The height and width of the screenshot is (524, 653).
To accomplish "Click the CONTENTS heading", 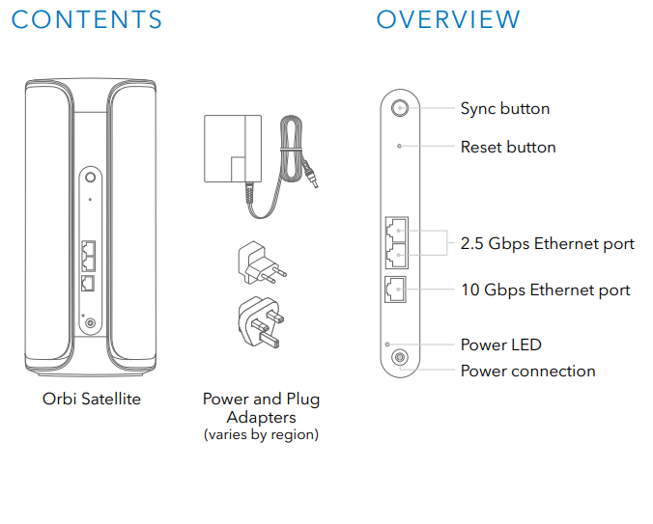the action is pyautogui.click(x=87, y=19).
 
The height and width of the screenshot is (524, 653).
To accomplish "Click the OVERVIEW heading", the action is pyautogui.click(x=448, y=19).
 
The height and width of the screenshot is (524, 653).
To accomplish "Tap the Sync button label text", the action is pyautogui.click(x=505, y=109).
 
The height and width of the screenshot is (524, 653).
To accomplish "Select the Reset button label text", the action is pyautogui.click(x=508, y=148).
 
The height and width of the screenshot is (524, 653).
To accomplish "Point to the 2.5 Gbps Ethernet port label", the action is pyautogui.click(x=547, y=244).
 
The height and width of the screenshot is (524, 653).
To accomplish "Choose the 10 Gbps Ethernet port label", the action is pyautogui.click(x=546, y=290).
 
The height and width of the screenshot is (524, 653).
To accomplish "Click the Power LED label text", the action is pyautogui.click(x=501, y=345).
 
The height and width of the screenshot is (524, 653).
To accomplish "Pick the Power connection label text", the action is pyautogui.click(x=527, y=371).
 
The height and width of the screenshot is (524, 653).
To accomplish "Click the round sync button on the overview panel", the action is pyautogui.click(x=400, y=108).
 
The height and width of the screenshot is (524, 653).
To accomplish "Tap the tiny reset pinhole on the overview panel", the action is pyautogui.click(x=399, y=146).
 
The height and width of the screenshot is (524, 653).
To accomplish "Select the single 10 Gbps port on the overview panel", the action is pyautogui.click(x=395, y=290).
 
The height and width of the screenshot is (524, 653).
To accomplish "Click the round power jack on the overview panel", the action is pyautogui.click(x=400, y=357).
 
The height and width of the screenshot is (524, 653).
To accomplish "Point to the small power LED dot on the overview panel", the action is pyautogui.click(x=387, y=345).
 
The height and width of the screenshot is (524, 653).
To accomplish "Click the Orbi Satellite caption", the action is pyautogui.click(x=92, y=399).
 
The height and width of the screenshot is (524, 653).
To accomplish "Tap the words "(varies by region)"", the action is pyautogui.click(x=261, y=434).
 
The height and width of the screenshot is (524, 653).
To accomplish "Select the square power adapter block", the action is pyautogui.click(x=233, y=149).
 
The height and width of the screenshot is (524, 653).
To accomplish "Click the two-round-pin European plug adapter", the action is pyautogui.click(x=261, y=262).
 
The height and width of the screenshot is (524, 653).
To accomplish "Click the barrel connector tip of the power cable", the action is pyautogui.click(x=312, y=180).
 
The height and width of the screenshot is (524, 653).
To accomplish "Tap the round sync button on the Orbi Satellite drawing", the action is pyautogui.click(x=91, y=178).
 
